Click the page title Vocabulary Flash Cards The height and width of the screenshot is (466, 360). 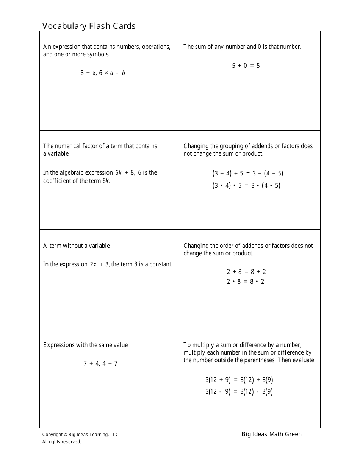(x=89, y=26)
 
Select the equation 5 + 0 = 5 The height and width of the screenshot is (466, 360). (x=246, y=66)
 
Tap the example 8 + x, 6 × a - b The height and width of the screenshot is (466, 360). (x=103, y=73)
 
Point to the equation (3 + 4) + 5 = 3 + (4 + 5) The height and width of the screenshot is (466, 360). (x=248, y=174)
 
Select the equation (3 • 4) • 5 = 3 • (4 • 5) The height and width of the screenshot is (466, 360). (x=246, y=186)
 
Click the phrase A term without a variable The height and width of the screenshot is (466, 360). (x=77, y=246)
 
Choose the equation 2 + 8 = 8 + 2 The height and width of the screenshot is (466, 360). (x=246, y=272)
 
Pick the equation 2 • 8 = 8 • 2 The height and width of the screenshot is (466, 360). (x=246, y=281)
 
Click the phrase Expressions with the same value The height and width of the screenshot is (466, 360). (x=86, y=345)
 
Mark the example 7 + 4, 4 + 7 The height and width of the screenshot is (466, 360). (x=100, y=363)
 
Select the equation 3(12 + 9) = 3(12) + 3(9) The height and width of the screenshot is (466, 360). (x=239, y=380)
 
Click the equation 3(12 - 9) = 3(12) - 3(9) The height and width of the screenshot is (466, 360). (x=239, y=392)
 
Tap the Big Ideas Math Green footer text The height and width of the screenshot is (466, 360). (x=272, y=434)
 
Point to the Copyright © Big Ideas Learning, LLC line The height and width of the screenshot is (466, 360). (x=80, y=435)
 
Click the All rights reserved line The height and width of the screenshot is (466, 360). (x=62, y=442)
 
